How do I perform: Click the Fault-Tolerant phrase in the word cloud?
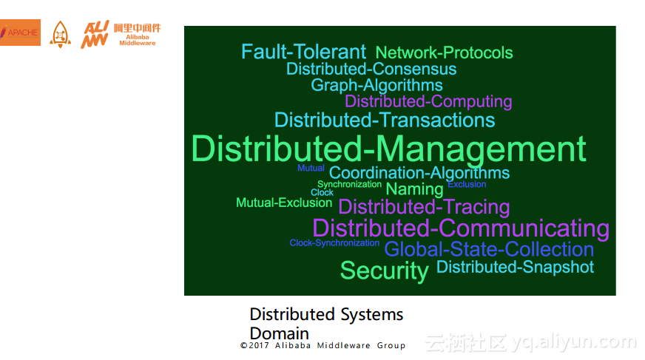(303, 52)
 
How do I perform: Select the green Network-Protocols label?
(444, 52)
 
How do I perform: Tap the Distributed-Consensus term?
(371, 69)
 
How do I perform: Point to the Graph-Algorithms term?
(376, 85)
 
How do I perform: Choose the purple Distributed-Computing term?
(428, 101)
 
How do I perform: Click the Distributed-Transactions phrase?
(385, 120)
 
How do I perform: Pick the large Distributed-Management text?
(388, 149)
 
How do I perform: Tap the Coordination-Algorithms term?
(419, 173)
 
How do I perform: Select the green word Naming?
(414, 189)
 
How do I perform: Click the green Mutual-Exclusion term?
(284, 203)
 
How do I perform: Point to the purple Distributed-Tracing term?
(424, 207)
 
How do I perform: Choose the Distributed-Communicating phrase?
(461, 228)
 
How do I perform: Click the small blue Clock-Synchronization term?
(334, 243)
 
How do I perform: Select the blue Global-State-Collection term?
(489, 249)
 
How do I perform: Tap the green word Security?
(384, 271)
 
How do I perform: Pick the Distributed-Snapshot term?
(515, 267)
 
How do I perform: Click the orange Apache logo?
(20, 33)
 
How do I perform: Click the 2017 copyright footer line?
(322, 345)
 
